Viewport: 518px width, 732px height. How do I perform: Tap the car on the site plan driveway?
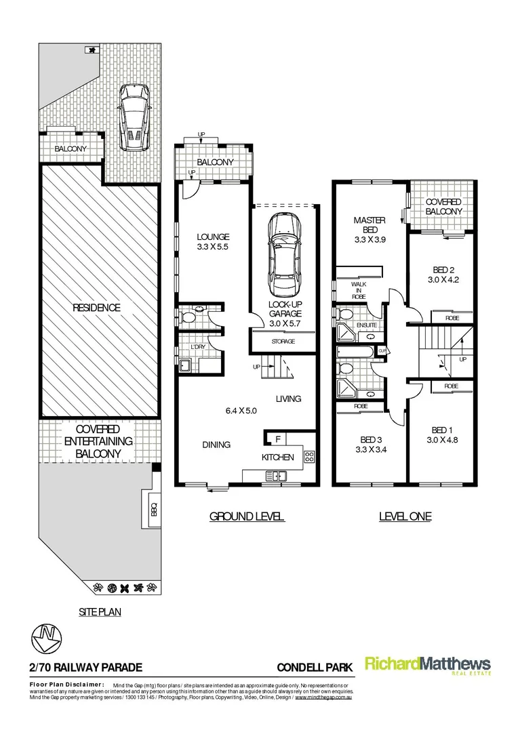[x=134, y=118]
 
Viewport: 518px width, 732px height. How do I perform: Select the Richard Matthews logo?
[x=428, y=666]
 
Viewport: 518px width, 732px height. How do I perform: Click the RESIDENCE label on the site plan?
[x=98, y=308]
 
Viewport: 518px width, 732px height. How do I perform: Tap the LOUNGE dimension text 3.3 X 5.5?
[x=213, y=247]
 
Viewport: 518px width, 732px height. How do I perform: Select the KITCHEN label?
[x=278, y=457]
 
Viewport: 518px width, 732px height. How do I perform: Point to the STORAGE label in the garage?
[x=283, y=342]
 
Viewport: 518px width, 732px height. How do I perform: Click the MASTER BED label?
[x=370, y=225]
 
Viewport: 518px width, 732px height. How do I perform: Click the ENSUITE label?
[x=368, y=325]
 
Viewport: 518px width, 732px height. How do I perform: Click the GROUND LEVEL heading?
[x=246, y=516]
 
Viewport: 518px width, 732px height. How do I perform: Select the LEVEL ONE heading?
[x=405, y=516]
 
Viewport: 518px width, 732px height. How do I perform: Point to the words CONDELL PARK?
[x=315, y=668]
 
